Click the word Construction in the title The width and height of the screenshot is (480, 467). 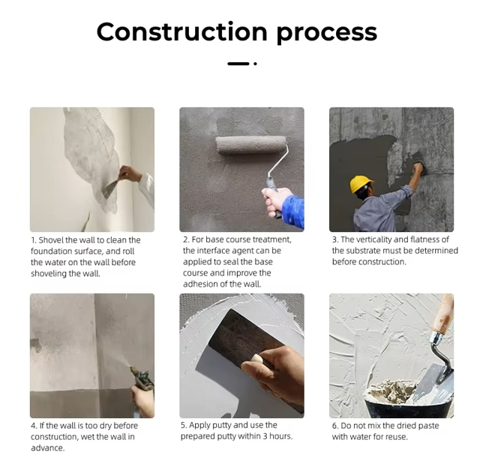[181, 32]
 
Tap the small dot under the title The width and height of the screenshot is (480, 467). [255, 64]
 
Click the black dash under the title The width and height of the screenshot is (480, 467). [238, 64]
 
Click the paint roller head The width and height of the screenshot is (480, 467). [250, 145]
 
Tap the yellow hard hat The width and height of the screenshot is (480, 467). [361, 184]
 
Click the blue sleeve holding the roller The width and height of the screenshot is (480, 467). [293, 212]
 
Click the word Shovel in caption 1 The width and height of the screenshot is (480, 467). [51, 240]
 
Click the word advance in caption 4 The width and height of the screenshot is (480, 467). [47, 448]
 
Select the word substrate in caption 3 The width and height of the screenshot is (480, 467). [361, 251]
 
